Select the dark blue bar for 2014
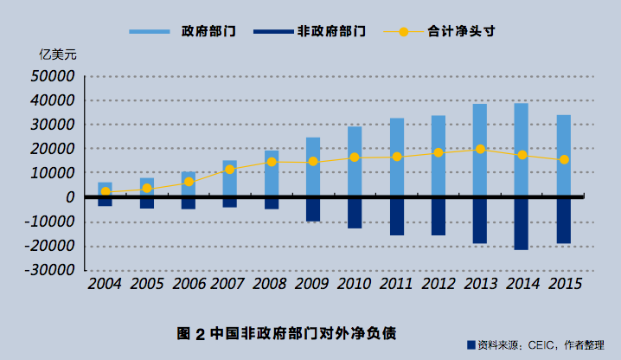point(522,224)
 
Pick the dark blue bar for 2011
point(396,216)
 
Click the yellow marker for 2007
point(230,170)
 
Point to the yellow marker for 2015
point(563,159)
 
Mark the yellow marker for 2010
point(355,157)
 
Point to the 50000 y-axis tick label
point(54,76)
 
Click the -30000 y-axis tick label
point(50,270)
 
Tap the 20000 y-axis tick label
point(54,149)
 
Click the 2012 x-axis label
point(439,284)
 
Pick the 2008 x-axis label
point(272,284)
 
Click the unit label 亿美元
point(58,54)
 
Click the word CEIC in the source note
point(538,345)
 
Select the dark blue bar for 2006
point(188,204)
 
